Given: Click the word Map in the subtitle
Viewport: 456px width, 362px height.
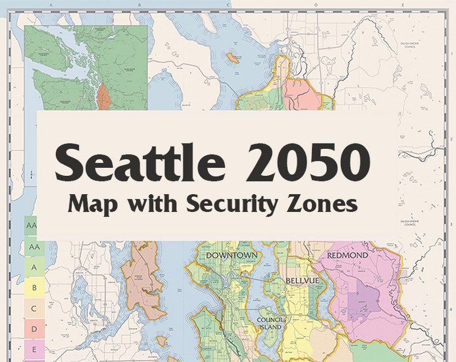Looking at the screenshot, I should (x=91, y=203).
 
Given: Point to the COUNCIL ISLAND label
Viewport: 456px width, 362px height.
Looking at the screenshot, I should (x=269, y=323).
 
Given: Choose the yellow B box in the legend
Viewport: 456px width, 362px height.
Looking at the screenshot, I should (x=34, y=287).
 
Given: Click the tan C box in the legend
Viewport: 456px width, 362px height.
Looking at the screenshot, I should (x=34, y=309).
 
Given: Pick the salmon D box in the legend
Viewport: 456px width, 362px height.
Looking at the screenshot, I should (x=34, y=329).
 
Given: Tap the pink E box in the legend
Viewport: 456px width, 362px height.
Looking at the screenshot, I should (x=34, y=349).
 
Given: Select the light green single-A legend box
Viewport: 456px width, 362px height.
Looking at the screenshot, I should (x=34, y=267).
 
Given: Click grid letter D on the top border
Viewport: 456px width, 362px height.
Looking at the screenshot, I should (x=316, y=4).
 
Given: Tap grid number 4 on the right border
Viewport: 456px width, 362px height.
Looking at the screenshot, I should (x=452, y=298).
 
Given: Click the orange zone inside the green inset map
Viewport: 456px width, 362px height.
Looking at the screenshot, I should (x=103, y=95).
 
